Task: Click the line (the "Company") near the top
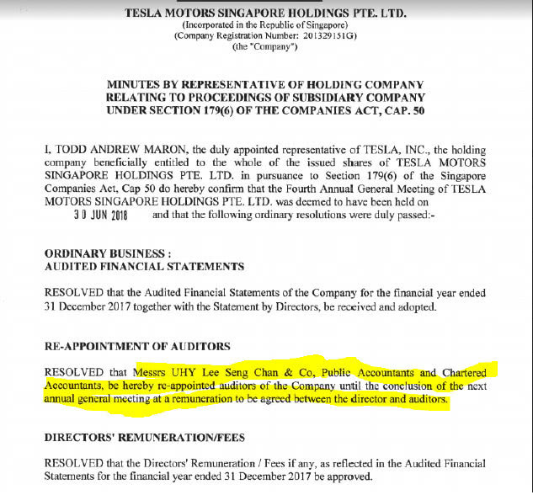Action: click(267, 47)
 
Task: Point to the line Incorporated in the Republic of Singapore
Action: click(267, 25)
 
